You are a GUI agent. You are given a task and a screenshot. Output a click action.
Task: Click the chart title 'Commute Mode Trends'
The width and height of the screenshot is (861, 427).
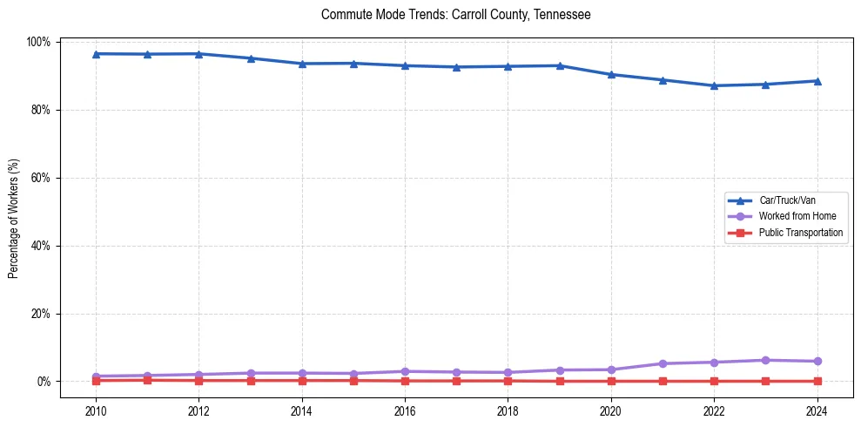point(456,15)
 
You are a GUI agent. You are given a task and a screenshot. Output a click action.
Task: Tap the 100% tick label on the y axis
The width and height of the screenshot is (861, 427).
point(38,42)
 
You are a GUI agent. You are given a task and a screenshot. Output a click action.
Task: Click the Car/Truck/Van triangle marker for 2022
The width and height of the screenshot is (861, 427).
point(714,85)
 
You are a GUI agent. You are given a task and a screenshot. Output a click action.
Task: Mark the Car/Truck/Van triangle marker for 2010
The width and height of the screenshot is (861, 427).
point(96,54)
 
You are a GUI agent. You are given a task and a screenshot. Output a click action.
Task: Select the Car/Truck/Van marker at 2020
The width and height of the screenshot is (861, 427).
point(611,75)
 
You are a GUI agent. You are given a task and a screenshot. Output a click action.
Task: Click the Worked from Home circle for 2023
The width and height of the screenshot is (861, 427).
point(765,360)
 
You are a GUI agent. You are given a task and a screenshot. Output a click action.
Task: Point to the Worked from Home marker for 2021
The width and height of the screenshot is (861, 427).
point(663,363)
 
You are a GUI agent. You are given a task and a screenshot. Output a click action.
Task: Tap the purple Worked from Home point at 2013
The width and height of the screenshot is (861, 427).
point(251,373)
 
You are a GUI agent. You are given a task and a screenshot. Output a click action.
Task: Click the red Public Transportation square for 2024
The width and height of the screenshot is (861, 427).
point(817,381)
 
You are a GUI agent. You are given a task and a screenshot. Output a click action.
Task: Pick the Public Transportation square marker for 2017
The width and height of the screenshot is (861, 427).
point(456,381)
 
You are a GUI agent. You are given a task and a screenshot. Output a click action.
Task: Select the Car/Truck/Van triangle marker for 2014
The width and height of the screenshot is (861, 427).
point(302,64)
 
